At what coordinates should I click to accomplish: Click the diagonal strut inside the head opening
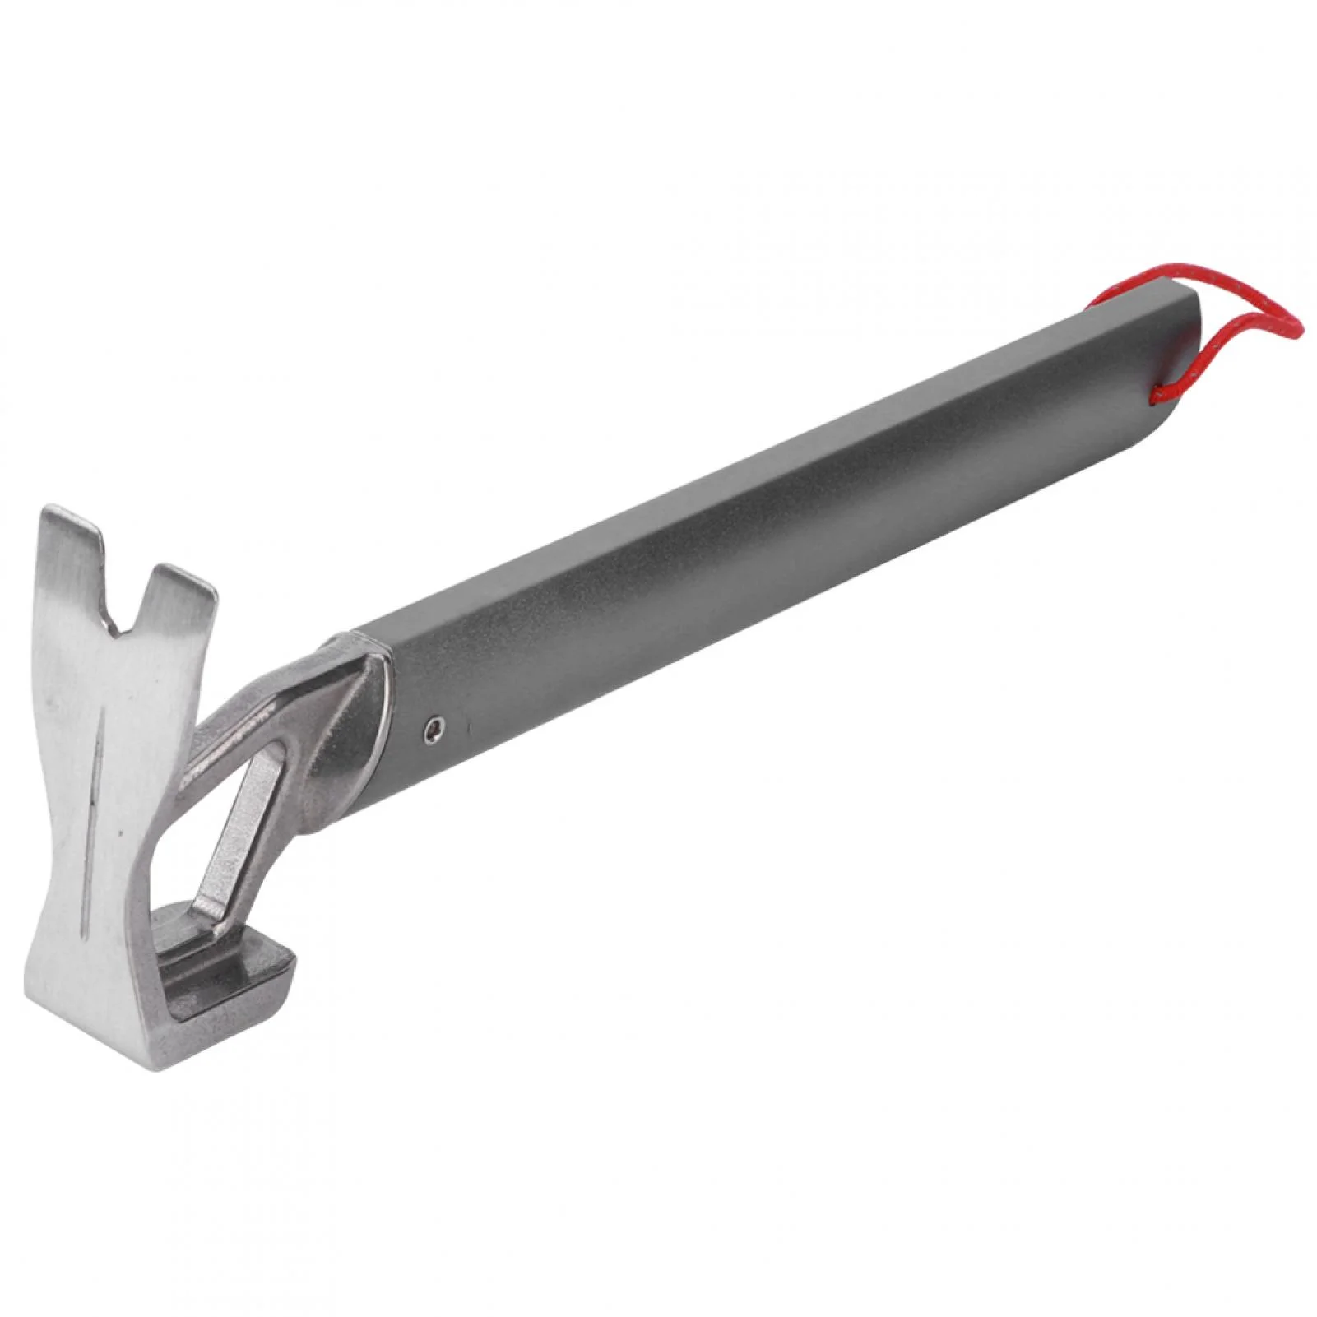(x=239, y=831)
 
